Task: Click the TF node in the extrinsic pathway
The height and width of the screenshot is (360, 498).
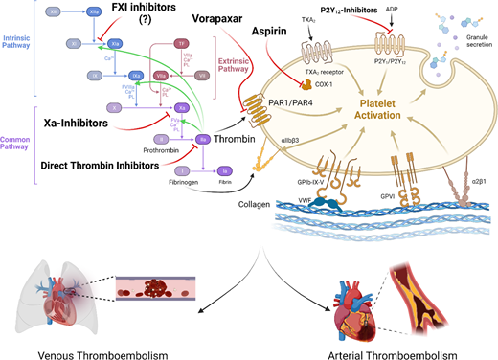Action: point(182,44)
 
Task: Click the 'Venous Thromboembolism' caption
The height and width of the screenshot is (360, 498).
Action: point(97,350)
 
